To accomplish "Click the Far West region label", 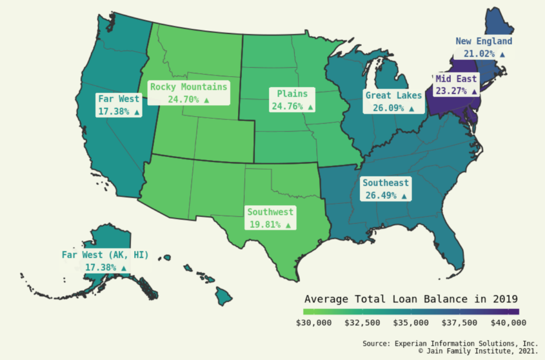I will [x=118, y=99].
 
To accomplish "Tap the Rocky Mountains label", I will [x=188, y=87].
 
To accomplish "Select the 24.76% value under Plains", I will [x=287, y=107].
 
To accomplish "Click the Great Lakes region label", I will [x=393, y=95].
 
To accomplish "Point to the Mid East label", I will [x=456, y=79].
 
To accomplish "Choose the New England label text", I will [x=484, y=41].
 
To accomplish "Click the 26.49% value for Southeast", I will [x=381, y=195].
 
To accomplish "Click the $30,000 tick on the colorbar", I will [x=313, y=323].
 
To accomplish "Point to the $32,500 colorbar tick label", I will [x=362, y=323].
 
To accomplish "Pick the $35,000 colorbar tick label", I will [x=410, y=323].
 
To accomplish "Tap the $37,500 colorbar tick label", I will [x=459, y=323].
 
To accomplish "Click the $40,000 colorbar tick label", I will [x=508, y=323].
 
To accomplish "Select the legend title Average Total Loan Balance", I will [x=411, y=298].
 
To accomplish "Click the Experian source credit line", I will [x=450, y=343].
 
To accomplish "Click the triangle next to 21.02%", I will [x=502, y=54].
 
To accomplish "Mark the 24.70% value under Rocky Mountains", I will [x=184, y=100].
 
